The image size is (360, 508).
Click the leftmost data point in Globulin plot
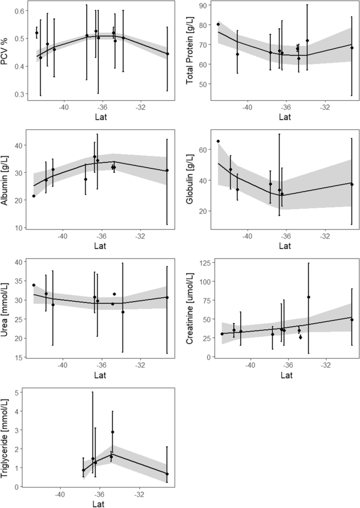coord(218,141)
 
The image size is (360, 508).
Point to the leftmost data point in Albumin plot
coord(34,196)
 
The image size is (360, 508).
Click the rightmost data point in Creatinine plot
coord(352,320)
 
